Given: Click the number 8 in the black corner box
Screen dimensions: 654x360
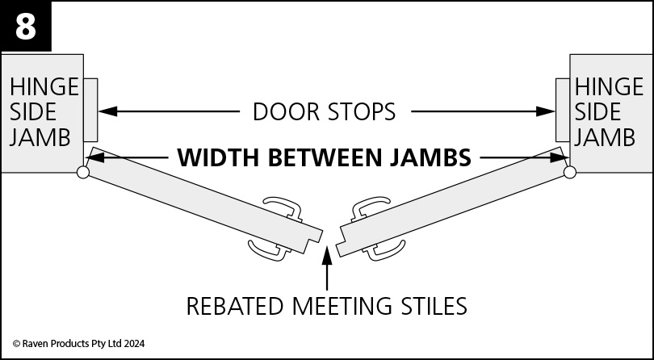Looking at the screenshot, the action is click(x=26, y=27).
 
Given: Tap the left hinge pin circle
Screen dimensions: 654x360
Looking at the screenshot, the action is click(x=83, y=172).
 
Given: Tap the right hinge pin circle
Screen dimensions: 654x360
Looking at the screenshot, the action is click(x=570, y=172).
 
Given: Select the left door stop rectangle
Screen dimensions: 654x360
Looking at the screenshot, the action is click(x=90, y=110).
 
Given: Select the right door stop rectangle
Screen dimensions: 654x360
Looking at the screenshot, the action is click(x=563, y=110).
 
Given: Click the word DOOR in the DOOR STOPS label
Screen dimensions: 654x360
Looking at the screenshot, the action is click(x=286, y=112).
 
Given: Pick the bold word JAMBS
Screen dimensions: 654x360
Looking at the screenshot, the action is click(x=430, y=157).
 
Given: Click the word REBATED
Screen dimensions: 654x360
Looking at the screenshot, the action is click(x=236, y=306).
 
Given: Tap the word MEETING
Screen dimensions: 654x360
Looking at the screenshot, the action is click(x=342, y=306).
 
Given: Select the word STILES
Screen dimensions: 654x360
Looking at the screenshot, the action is click(x=433, y=306).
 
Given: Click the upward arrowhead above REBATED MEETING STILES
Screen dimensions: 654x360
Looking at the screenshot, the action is click(x=327, y=255).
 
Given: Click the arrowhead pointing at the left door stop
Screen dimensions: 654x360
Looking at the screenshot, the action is click(x=107, y=111).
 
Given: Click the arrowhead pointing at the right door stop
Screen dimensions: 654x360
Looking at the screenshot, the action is click(x=545, y=111).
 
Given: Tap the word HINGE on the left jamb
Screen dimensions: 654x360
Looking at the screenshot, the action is click(x=44, y=87).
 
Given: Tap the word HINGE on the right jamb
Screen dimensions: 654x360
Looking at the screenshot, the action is click(x=609, y=87).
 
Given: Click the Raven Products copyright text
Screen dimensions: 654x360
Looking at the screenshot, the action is click(x=79, y=344).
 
